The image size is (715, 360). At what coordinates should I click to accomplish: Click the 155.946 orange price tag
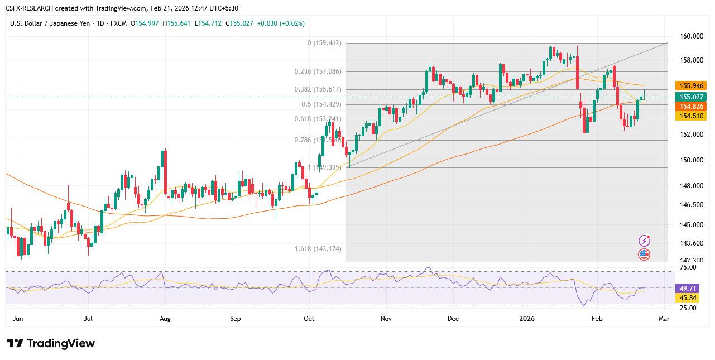click(690, 86)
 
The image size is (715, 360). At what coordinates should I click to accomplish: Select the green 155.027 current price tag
click(690, 97)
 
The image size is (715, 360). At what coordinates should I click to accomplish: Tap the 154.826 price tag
click(690, 106)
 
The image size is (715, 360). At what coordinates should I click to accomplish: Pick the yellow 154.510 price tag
click(690, 116)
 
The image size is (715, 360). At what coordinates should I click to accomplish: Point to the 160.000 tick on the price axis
click(692, 36)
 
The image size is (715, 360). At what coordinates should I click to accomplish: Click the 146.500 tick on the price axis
click(692, 205)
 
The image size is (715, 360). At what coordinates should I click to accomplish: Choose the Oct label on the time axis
click(309, 319)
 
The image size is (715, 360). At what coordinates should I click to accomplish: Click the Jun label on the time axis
click(17, 319)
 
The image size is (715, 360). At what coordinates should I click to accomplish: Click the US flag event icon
click(644, 255)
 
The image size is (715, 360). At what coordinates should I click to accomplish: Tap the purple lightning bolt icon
click(644, 241)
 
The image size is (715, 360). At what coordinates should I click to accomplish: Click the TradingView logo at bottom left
click(51, 343)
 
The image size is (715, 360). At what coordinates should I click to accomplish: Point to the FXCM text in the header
click(117, 23)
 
